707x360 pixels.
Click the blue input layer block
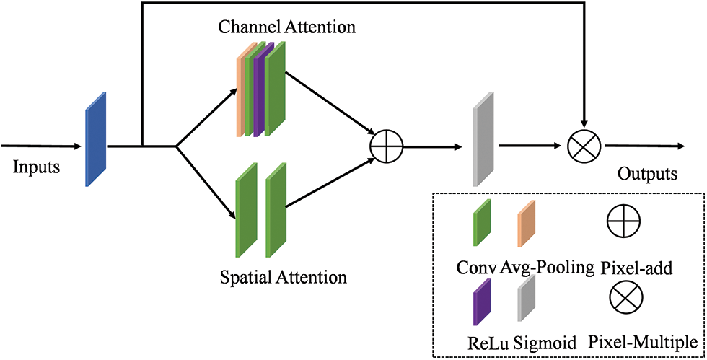point(96,139)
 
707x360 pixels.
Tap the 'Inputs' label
point(36,168)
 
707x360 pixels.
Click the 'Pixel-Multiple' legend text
point(644,342)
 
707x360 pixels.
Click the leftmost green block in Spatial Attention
point(246,210)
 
